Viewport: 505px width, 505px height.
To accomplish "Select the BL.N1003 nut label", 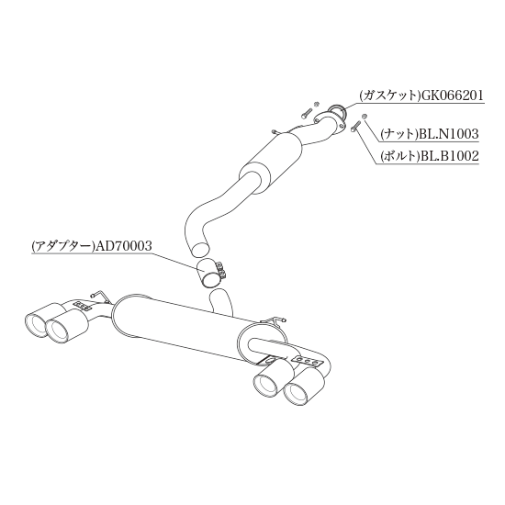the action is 449,134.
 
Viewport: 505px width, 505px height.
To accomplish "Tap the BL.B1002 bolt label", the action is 449,156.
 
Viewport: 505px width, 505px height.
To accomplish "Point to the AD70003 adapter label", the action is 122,246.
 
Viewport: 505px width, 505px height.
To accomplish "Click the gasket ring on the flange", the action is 338,109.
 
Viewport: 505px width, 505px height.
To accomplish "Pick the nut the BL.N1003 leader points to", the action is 365,117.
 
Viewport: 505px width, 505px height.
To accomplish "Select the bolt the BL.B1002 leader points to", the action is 355,126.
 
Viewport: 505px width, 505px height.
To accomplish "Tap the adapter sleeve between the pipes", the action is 208,273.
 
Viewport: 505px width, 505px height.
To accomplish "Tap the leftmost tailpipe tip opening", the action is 35,325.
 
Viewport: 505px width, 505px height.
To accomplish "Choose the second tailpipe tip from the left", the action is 58,331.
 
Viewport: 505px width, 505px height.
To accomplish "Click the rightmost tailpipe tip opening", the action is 297,393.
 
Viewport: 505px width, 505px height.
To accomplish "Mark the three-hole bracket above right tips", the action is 307,362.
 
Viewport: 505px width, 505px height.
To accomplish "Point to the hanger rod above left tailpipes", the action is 100,296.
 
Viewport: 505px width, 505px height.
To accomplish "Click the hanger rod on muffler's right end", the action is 274,320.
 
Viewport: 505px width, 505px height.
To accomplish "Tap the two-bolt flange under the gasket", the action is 329,120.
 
